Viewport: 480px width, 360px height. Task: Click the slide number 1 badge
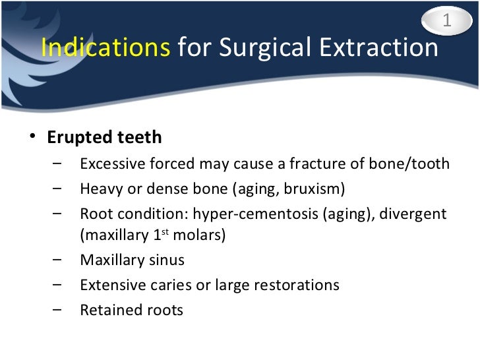(x=446, y=21)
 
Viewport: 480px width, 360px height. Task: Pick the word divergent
(x=413, y=214)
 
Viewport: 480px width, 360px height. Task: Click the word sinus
(x=167, y=260)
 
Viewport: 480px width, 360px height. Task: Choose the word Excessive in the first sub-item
(x=109, y=164)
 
